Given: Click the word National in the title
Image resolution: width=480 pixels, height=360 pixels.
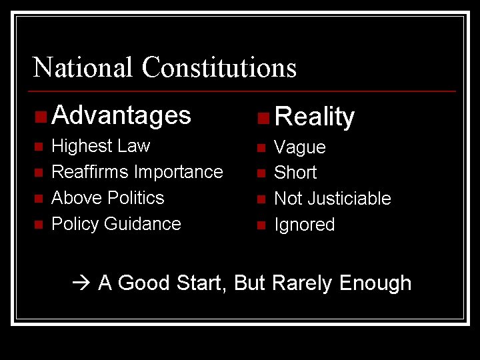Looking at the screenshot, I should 83,67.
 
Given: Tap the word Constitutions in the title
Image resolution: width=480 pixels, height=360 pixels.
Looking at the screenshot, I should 219,67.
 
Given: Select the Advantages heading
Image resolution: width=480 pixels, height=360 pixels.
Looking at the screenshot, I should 121,115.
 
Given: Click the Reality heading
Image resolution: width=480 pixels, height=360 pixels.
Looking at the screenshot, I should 315,117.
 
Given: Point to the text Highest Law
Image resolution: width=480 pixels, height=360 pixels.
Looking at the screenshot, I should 101,146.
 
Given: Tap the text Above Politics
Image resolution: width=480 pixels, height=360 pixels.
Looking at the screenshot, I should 107,198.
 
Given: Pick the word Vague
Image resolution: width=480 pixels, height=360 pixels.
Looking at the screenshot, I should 300,147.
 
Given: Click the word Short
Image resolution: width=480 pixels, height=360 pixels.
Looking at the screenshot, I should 295,173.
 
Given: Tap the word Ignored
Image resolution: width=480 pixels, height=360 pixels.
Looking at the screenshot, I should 305,225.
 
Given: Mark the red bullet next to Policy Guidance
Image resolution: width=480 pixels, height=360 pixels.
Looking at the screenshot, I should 39,225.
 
